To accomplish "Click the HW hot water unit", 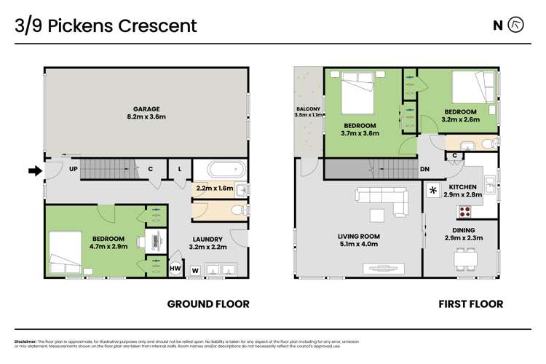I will pyautogui.click(x=175, y=269).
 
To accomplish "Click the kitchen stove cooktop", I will pyautogui.click(x=464, y=212).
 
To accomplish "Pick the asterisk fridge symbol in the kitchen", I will pyautogui.click(x=434, y=191).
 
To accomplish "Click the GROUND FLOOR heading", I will pyautogui.click(x=208, y=304).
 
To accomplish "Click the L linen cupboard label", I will pyautogui.click(x=179, y=168).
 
